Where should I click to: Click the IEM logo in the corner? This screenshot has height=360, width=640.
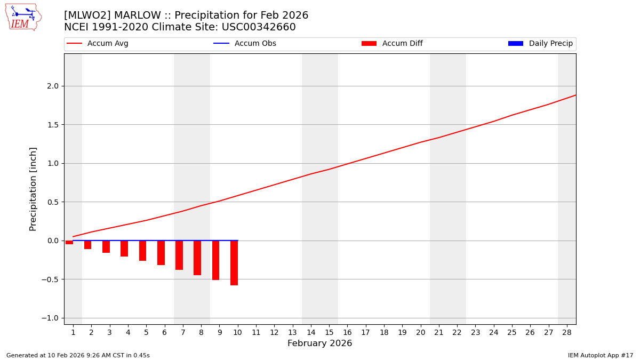[x=23, y=17]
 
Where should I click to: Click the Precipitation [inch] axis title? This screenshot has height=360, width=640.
[x=33, y=189]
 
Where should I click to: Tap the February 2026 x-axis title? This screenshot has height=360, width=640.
[x=319, y=343]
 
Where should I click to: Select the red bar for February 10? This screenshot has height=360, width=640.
[x=234, y=262]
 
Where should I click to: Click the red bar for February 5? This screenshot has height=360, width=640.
[x=142, y=251]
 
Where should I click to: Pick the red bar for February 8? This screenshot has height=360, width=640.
[x=197, y=258]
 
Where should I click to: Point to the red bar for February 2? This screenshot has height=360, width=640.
[x=87, y=245]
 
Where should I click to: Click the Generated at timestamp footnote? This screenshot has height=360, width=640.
[x=78, y=355]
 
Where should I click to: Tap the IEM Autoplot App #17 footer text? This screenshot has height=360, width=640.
[x=600, y=355]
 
